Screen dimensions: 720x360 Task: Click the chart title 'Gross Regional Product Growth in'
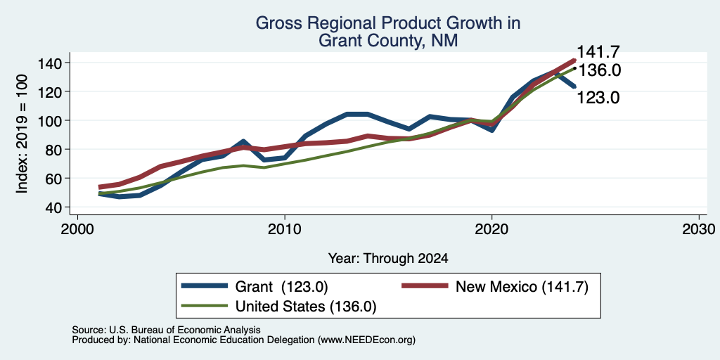[x=388, y=23]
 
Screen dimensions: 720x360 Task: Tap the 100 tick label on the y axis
[x=49, y=120]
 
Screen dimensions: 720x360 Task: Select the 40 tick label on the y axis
[x=53, y=207]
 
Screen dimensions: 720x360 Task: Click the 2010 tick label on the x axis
[x=285, y=229]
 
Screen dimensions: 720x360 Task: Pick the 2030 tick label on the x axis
[x=699, y=229]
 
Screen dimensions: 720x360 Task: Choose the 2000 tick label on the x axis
[x=77, y=229]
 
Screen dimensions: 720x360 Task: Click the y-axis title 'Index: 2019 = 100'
[x=22, y=134]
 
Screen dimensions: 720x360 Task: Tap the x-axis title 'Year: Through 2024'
[x=388, y=259]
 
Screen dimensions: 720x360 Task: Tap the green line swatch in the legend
[x=205, y=305]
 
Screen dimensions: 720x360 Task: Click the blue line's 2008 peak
[x=243, y=141]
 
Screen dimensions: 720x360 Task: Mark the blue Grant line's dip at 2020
[x=491, y=130]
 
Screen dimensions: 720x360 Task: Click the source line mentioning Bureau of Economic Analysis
[x=166, y=330]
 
